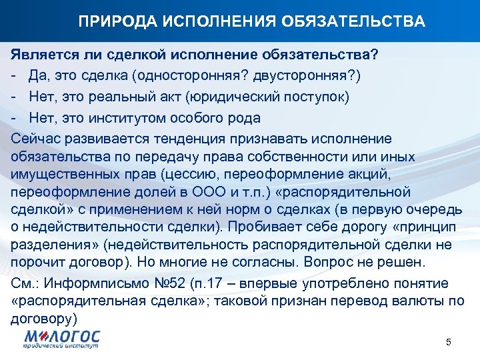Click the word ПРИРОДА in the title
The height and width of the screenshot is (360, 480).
[109, 22]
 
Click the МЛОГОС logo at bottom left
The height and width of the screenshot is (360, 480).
[61, 339]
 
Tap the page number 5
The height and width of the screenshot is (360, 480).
[448, 342]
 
